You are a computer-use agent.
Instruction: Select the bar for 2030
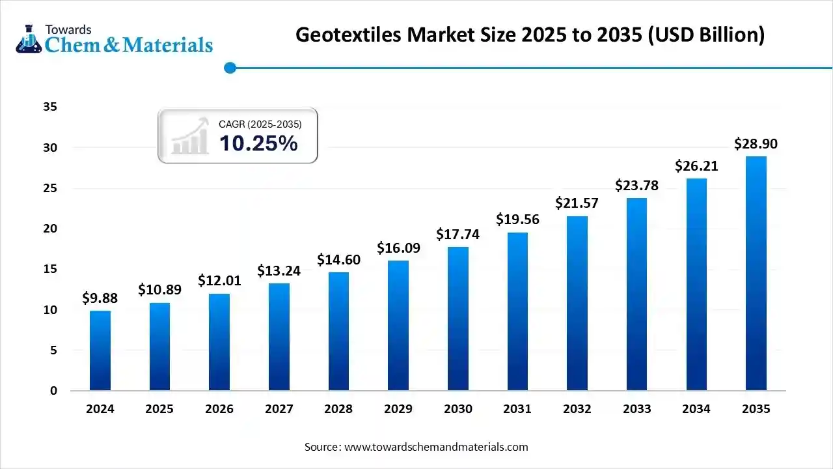[x=457, y=319]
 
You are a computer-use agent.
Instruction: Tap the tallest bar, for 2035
[x=756, y=274]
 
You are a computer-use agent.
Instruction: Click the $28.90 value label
[x=756, y=144]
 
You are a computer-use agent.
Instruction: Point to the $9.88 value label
[x=100, y=298]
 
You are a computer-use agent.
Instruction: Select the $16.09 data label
[x=398, y=248]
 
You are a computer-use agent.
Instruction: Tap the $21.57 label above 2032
[x=577, y=203]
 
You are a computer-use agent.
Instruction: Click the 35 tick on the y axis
[x=50, y=107]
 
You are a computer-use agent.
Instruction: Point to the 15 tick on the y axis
[x=50, y=269]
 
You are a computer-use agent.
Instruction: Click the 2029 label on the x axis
[x=398, y=409]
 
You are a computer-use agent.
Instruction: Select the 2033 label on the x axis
[x=636, y=409]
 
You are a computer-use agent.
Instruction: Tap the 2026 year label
[x=219, y=409]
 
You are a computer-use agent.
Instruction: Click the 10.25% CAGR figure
[x=258, y=143]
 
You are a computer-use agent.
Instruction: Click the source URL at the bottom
[x=435, y=447]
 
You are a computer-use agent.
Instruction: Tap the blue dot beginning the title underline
[x=229, y=67]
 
